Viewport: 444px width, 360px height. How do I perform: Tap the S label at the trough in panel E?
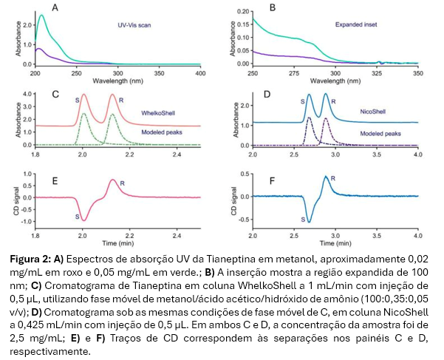(75, 217)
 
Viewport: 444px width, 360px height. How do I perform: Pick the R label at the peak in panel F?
(333, 178)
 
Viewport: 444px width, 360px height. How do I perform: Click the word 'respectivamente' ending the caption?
(49, 330)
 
